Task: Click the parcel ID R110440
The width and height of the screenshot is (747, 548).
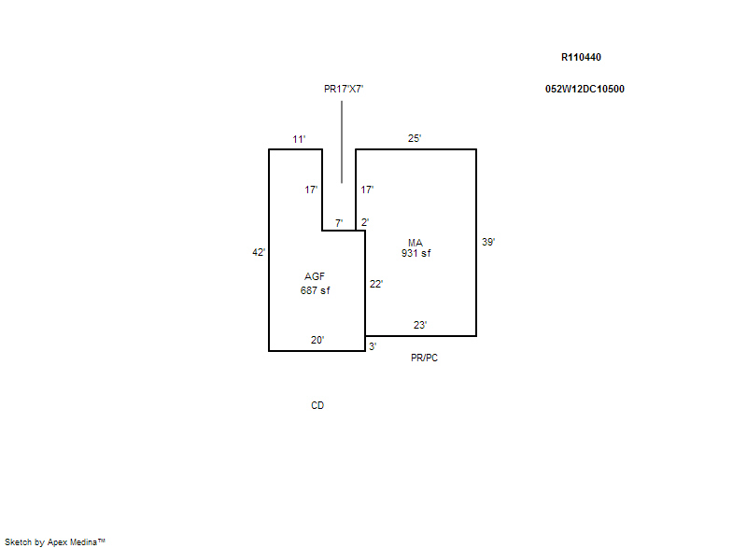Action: point(581,57)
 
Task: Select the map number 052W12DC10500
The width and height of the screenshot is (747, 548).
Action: point(585,90)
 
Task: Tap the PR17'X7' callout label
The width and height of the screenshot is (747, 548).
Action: point(343,89)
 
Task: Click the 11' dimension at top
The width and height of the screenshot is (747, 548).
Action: point(299,139)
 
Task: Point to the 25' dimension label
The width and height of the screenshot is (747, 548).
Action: point(415,139)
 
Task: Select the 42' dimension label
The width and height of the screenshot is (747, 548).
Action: point(259,252)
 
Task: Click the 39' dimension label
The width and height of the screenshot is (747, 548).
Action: point(487,242)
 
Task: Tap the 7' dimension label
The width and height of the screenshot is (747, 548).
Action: point(339,222)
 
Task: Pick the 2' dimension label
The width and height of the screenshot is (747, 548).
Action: point(365,222)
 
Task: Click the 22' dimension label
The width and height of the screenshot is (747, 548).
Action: point(375,284)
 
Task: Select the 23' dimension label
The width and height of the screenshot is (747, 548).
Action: point(420,325)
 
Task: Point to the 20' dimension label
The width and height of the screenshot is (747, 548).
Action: point(317,340)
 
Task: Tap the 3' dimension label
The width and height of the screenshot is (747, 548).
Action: point(372,346)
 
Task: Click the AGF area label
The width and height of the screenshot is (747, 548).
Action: point(315,276)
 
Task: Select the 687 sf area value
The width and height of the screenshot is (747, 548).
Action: point(315,290)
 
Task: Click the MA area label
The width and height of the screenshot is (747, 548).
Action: point(416,243)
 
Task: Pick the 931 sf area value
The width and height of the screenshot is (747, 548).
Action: point(416,253)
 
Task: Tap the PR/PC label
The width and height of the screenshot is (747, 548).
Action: point(424,358)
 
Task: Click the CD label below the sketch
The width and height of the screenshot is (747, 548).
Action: point(317,406)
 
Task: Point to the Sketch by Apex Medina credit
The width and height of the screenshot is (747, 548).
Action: point(55,541)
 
